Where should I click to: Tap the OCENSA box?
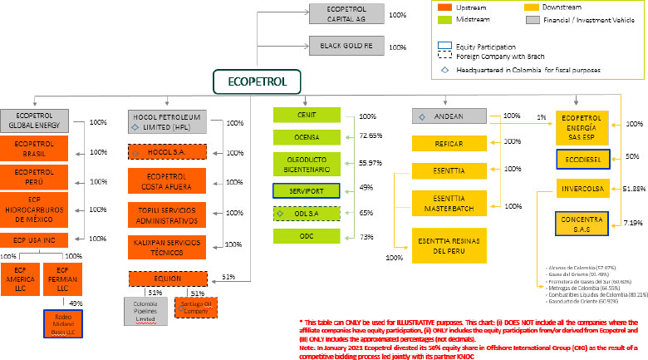coord(307,134)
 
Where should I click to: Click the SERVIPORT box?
coord(307,190)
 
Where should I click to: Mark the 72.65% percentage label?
coord(370,135)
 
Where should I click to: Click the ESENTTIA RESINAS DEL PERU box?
coord(449,244)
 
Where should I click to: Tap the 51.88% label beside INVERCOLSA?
coord(635,189)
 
